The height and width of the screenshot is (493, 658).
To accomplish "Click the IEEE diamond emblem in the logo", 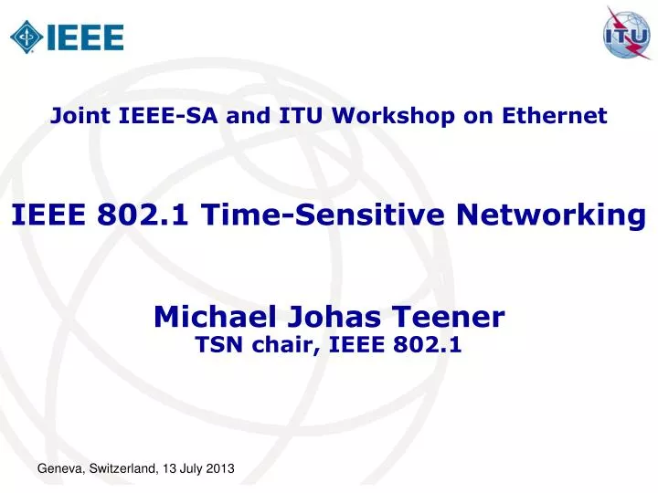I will [26, 36].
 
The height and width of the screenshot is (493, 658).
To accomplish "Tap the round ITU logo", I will [628, 34].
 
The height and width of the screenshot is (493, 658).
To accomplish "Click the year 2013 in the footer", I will [218, 468].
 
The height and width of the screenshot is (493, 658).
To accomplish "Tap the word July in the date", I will [189, 468].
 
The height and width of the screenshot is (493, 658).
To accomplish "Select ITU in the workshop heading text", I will [306, 115].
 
